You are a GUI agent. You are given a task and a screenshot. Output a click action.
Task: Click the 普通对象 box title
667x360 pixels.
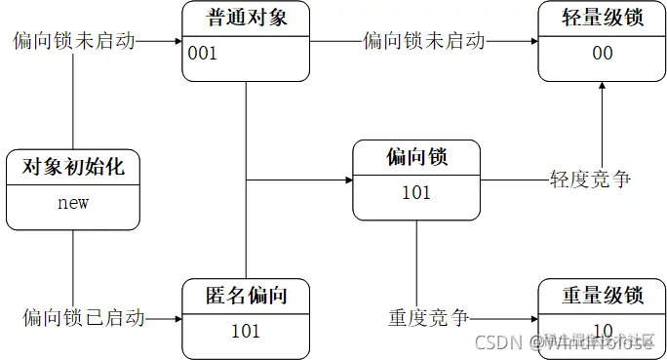(247, 18)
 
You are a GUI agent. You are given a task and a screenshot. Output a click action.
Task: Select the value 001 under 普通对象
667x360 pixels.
(203, 53)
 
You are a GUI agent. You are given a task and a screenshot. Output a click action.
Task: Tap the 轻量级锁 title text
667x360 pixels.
(603, 18)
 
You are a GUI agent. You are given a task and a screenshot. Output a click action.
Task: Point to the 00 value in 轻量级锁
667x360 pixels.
(603, 53)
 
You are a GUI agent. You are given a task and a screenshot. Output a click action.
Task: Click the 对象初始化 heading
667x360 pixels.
(73, 167)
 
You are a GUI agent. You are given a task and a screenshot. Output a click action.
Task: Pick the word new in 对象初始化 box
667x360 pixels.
(73, 203)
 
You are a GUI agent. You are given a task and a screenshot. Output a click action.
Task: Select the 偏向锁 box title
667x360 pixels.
(416, 157)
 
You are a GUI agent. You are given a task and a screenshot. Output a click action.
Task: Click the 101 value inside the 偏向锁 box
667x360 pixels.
(416, 192)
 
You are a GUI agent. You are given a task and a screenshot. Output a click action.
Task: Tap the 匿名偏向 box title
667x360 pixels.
(246, 295)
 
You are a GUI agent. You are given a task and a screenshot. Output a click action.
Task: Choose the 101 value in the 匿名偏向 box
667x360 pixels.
(246, 331)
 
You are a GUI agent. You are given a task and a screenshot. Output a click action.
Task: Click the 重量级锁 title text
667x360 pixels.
(603, 295)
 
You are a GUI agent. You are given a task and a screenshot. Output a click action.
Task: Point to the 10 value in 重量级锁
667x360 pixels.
(603, 330)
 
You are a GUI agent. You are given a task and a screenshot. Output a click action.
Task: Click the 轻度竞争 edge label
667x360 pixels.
(591, 180)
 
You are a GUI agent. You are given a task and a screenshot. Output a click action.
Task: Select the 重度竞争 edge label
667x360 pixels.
(429, 318)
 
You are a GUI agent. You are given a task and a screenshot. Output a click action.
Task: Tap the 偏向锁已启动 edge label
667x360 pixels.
(85, 318)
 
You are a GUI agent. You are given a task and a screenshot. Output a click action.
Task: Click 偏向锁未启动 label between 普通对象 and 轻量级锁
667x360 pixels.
(424, 41)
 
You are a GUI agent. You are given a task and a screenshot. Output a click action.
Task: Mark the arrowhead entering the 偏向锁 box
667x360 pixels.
(348, 180)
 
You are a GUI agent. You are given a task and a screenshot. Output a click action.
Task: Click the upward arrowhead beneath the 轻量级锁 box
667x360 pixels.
(603, 86)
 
